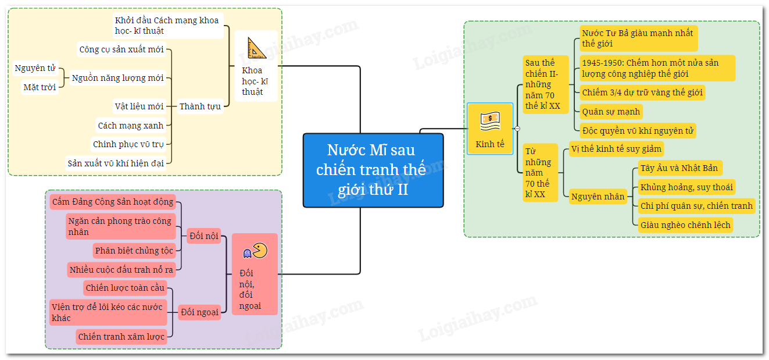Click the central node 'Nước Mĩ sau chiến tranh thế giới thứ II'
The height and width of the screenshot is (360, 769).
point(373,170)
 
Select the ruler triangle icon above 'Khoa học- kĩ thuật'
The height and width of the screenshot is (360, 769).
point(256,48)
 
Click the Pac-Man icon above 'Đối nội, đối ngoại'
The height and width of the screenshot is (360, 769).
point(255,251)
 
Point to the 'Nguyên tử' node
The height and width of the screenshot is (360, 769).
point(35,69)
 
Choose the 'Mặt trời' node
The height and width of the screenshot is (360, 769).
point(40,87)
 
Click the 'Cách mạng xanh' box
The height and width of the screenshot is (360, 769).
point(131,125)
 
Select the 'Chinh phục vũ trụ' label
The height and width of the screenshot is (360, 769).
point(128,144)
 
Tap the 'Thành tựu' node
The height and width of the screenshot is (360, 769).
point(200,106)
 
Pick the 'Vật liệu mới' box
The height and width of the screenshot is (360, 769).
point(139,106)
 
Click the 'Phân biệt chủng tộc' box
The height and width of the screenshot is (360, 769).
point(134,251)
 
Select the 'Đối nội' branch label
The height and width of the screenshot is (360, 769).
point(204,236)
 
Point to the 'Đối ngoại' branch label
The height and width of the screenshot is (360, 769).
point(199,312)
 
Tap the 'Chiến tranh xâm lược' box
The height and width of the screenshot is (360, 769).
point(121,336)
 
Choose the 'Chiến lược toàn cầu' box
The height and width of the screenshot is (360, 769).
point(125,287)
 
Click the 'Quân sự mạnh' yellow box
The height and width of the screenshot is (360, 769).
point(611,112)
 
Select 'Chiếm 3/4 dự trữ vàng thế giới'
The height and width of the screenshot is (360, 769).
point(642,92)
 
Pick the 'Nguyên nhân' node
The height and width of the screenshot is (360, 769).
point(598,197)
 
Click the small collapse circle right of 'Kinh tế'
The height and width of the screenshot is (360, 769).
point(517,129)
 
